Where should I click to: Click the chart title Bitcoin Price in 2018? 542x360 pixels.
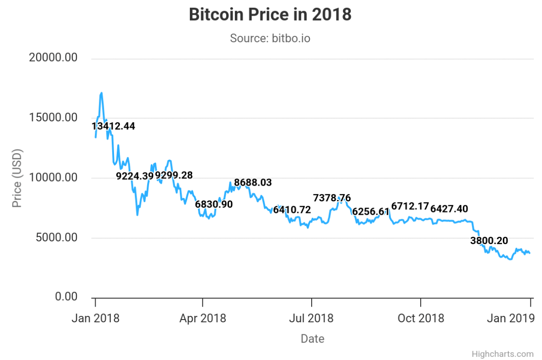coord(270,14)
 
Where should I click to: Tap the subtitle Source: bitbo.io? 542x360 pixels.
coord(270,38)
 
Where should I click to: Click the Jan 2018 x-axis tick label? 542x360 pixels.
coord(96,318)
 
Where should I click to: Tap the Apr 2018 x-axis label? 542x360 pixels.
coord(202,318)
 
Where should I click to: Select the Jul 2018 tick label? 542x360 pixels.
coord(312,318)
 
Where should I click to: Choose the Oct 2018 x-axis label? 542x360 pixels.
coord(421,318)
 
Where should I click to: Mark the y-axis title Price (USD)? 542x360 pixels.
coord(17,177)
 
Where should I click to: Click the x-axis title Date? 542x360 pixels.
coord(313,339)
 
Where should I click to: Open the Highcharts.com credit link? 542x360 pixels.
coord(502,354)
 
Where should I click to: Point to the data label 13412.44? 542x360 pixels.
coord(114,126)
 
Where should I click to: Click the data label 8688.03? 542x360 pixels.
coord(253,183)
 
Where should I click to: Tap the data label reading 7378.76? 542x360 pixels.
coord(332,198)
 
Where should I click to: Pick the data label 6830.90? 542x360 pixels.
coord(214,204)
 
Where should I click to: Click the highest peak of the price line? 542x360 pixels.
coord(101,93)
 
